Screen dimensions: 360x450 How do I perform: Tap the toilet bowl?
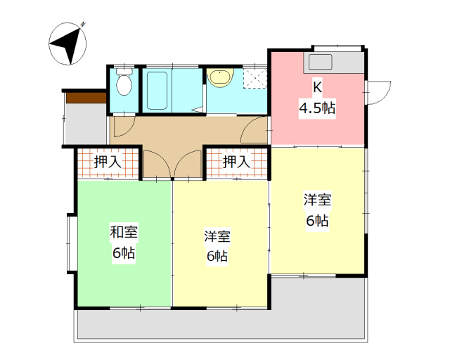coord(124,84)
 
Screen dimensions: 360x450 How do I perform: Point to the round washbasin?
coord(219,77)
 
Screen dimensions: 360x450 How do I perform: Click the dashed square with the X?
coord(255,77)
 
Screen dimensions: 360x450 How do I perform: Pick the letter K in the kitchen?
coord(317,88)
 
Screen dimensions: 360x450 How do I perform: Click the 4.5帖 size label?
coord(317,108)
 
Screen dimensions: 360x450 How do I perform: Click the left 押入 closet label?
coord(108,162)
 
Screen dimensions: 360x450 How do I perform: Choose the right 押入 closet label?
coord(236,162)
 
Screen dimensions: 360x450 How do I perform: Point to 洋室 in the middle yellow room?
coord(217,236)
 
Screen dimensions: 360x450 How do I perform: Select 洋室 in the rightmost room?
coord(317,200)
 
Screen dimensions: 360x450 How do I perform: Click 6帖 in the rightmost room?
coord(317,220)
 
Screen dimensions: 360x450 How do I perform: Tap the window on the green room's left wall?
coord(70,243)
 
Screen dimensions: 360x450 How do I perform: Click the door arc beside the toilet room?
coord(121,127)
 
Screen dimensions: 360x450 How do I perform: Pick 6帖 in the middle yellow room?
coord(217,256)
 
